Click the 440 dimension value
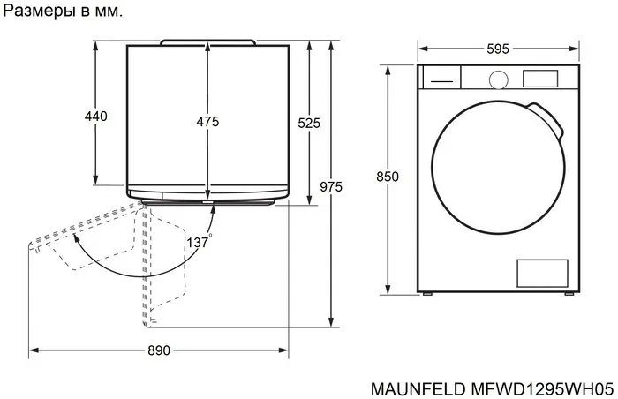pos(95,117)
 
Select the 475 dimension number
pos(207,122)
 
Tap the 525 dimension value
pos(309,124)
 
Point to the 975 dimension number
pos(331,186)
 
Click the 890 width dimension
pos(158,350)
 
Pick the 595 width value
pos(497,49)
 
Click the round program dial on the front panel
pos(497,79)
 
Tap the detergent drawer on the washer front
pos(441,78)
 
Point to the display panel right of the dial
pos(540,78)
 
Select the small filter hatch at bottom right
pos(540,273)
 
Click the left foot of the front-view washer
pos(428,294)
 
